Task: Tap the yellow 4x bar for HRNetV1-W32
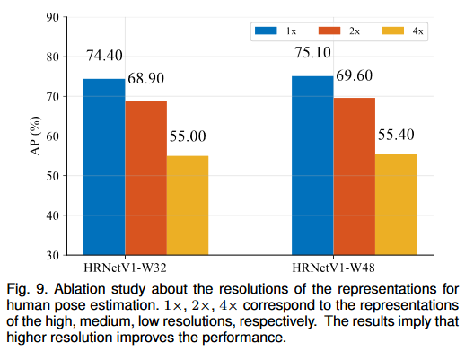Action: pos(188,206)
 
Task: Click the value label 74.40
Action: pos(105,56)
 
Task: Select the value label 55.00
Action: pos(187,136)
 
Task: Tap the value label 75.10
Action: pos(313,53)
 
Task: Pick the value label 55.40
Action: pos(396,135)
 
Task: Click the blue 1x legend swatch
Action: pos(267,31)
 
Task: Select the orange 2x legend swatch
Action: pos(328,31)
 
